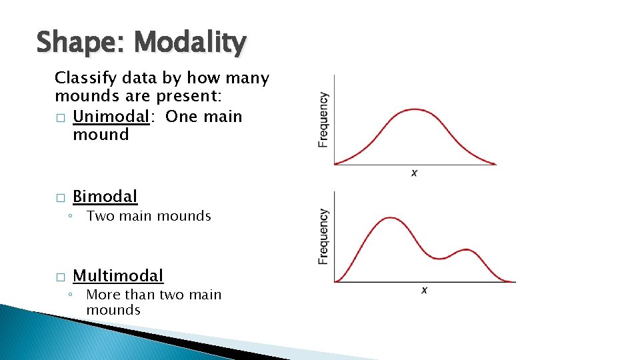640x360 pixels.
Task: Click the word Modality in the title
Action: (x=190, y=43)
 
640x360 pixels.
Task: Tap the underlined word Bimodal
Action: (x=105, y=197)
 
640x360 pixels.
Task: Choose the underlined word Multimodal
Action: (x=117, y=275)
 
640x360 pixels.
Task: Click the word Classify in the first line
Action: (x=82, y=78)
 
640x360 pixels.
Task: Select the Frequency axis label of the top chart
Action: (x=323, y=120)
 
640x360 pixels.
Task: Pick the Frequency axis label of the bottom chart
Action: (x=323, y=237)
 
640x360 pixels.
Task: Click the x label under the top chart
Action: (x=414, y=173)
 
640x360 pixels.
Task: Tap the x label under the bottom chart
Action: (x=425, y=290)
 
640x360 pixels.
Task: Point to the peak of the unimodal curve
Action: (x=415, y=109)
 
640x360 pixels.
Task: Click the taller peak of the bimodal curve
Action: (x=388, y=219)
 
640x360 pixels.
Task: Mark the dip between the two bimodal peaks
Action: (x=439, y=258)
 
